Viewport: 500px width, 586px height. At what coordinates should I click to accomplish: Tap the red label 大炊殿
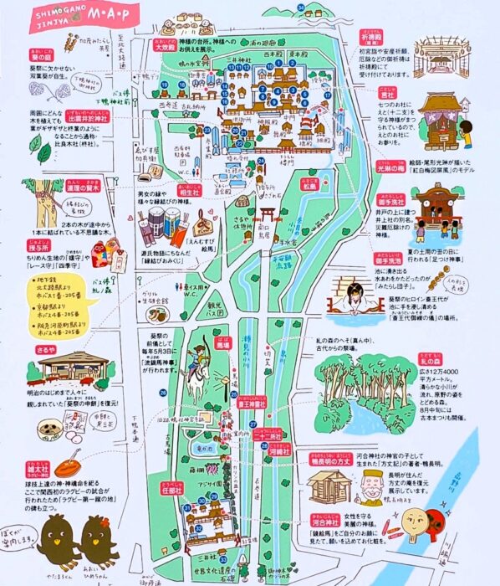pyautogui.click(x=170, y=49)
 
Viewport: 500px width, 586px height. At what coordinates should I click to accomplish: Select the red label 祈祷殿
pyautogui.click(x=395, y=40)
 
